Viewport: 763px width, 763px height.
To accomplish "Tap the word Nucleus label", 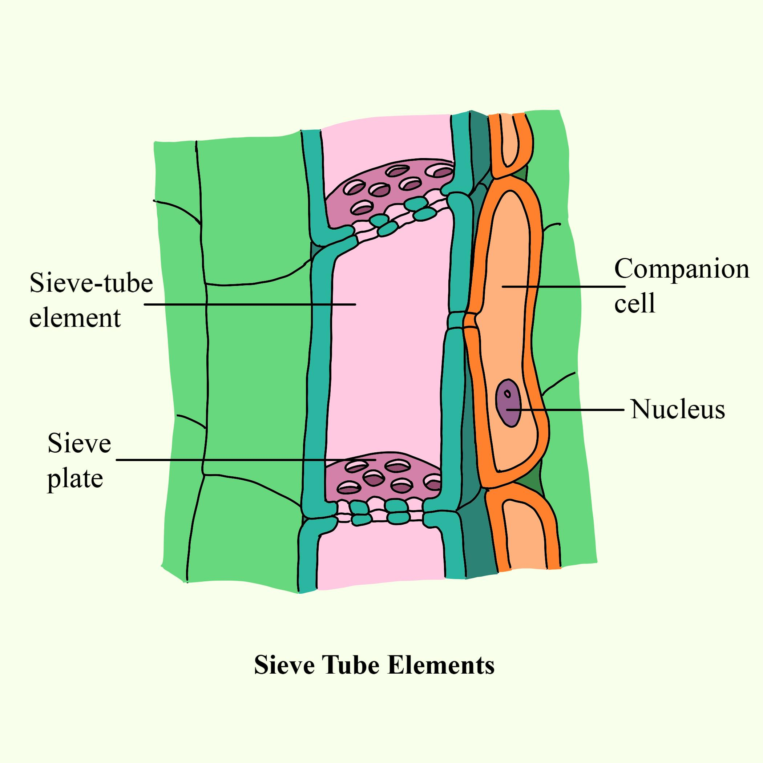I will pos(677,409).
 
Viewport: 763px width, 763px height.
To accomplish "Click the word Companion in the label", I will pos(681,270).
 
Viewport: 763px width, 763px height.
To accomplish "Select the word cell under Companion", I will pos(635,304).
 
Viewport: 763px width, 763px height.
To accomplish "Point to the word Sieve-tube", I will pos(91,283).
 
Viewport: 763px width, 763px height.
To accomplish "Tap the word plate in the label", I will pos(75,479).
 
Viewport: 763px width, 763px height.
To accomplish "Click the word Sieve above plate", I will pos(79,444).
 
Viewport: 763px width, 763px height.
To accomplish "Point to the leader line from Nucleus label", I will pos(573,410).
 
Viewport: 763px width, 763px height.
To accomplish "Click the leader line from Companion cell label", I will pos(565,287).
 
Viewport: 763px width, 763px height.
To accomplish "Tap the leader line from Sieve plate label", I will pos(221,460).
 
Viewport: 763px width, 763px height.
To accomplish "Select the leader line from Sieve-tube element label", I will pos(249,304).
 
